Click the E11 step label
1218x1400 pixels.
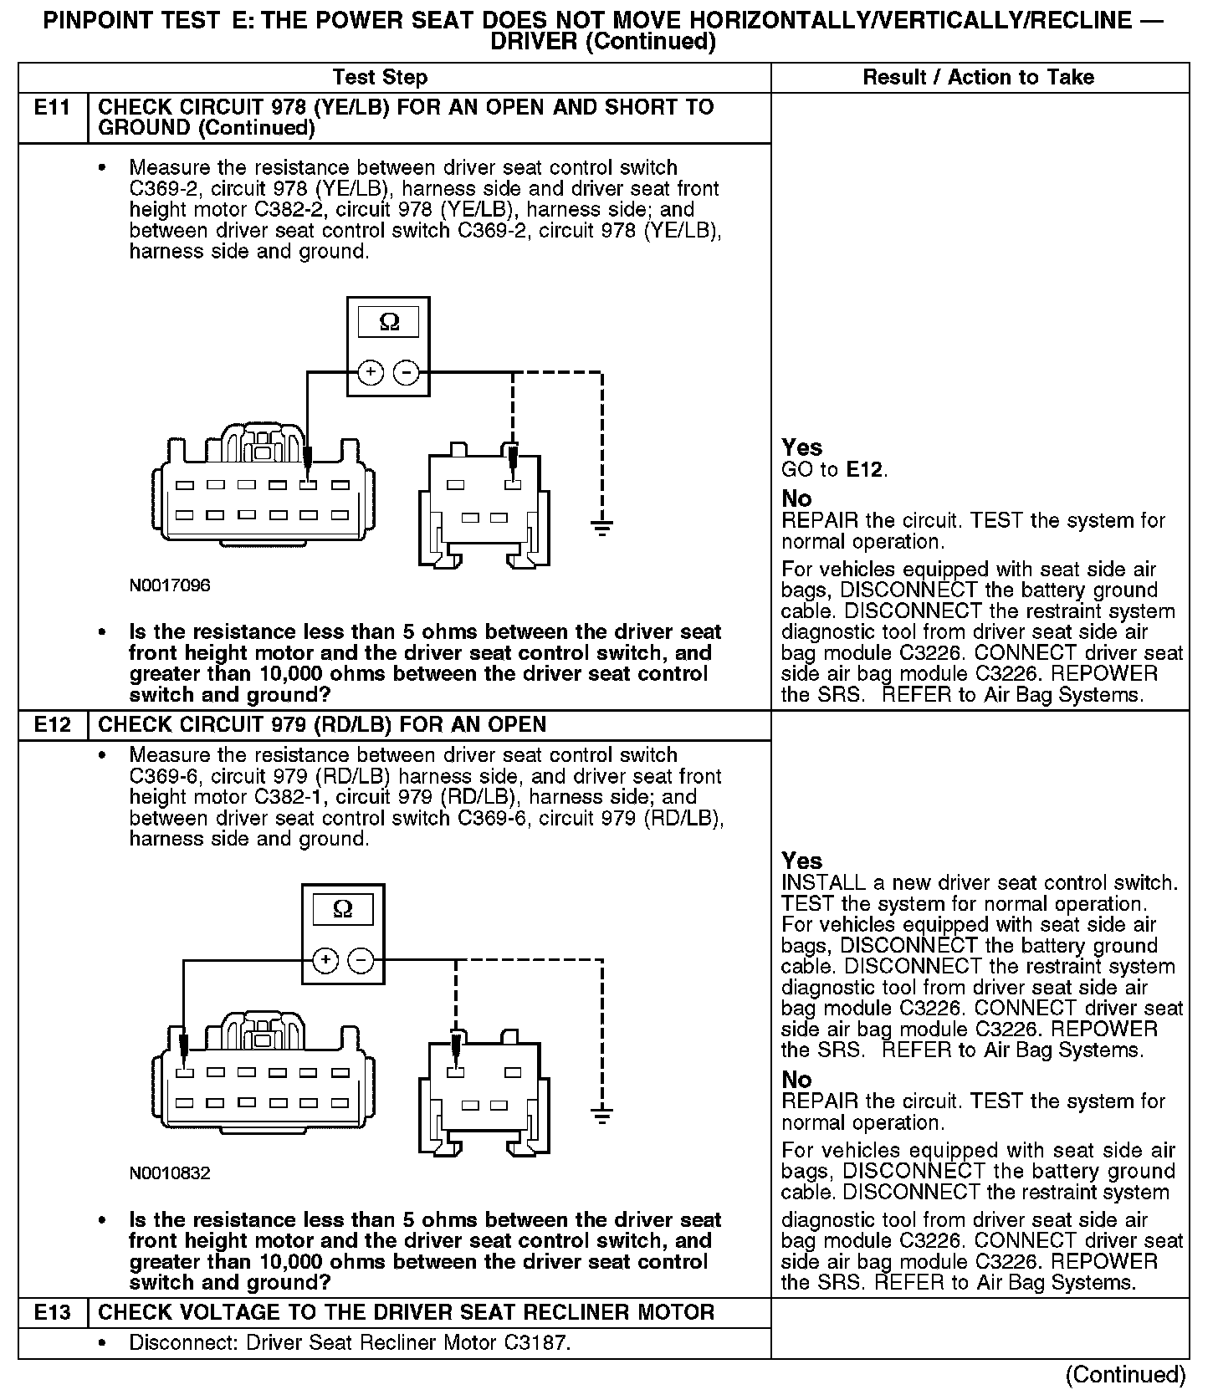click(53, 108)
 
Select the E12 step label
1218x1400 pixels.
click(53, 725)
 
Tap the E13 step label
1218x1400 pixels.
click(53, 1313)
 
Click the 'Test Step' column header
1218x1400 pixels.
click(380, 78)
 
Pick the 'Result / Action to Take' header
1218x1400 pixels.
click(978, 78)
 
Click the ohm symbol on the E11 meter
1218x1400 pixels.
click(389, 322)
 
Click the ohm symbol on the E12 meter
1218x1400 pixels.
click(343, 909)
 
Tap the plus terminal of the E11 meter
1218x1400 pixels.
click(371, 372)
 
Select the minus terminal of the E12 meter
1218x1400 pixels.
click(361, 960)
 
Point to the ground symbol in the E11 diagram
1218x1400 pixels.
click(601, 527)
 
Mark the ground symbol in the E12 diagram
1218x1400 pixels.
click(601, 1114)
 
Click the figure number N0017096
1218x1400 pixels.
click(170, 585)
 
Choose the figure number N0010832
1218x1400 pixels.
click(170, 1173)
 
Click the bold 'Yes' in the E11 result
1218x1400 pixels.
click(801, 447)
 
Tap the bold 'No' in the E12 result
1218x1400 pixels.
click(796, 1080)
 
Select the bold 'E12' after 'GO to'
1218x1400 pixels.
click(865, 470)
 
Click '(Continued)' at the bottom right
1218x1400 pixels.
click(1125, 1375)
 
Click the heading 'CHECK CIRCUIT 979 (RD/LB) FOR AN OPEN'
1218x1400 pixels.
click(322, 725)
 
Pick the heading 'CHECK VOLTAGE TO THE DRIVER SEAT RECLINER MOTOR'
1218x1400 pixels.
click(407, 1313)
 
